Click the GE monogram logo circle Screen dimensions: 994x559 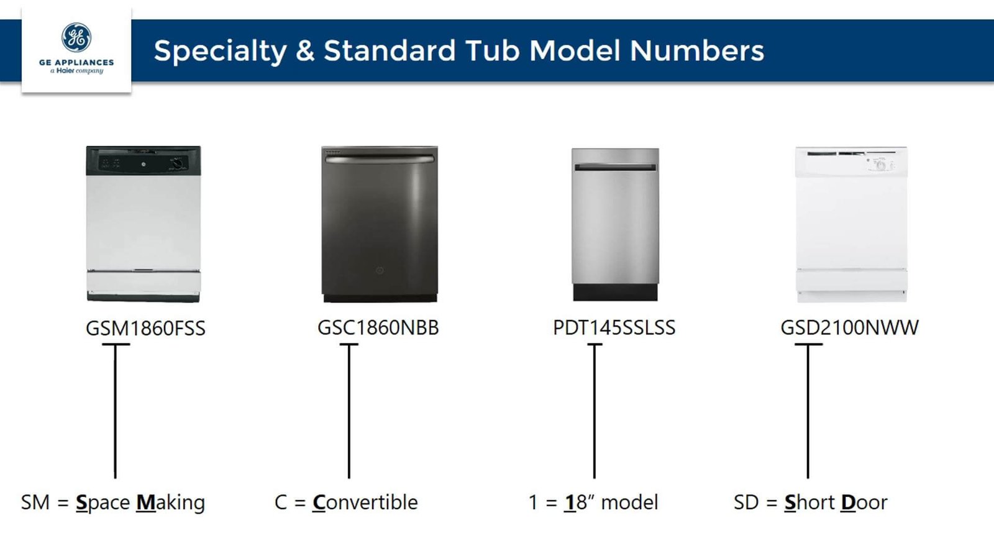pos(76,38)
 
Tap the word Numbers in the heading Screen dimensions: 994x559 pos(696,50)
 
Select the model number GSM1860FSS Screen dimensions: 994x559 pos(145,329)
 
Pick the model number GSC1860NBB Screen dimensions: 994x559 pos(378,328)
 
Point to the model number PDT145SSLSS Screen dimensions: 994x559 pos(614,328)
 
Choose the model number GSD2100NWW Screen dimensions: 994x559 pos(849,328)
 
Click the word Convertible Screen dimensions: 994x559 pos(365,502)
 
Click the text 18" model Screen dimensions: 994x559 pos(611,502)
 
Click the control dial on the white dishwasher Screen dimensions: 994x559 pos(880,165)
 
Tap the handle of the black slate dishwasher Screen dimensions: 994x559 pos(380,159)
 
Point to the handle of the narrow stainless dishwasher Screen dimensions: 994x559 pos(615,167)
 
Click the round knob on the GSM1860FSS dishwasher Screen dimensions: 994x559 pos(177,164)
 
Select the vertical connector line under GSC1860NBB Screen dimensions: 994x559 pos(349,411)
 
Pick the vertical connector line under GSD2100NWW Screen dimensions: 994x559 pos(808,411)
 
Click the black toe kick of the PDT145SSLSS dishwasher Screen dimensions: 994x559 pos(615,293)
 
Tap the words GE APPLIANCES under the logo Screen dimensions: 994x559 pos(76,63)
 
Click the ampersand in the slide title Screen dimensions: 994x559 pos(305,50)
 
